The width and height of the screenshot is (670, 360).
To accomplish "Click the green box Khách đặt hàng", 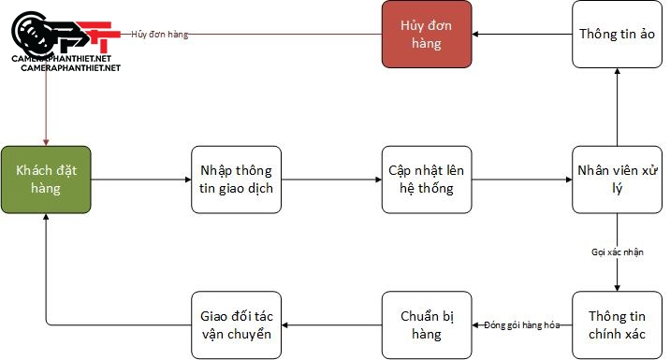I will pos(46,179).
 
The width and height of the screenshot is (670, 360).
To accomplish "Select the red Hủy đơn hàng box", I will pos(427,34).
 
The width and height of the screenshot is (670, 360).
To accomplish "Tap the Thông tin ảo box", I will pos(617,34).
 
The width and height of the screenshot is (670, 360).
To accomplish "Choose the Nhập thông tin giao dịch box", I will pos(236,179).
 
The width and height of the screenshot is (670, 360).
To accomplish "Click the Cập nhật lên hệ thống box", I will pos(427,179).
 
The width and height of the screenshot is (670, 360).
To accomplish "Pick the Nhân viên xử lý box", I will pos(617,179).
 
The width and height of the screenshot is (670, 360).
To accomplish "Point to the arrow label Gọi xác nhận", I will pos(617,252).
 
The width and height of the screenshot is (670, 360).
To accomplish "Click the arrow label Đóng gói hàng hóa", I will pos(522,324).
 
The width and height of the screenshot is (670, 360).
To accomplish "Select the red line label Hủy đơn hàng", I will pos(160,35).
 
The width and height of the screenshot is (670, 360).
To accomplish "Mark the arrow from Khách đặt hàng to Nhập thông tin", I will pos(140,179).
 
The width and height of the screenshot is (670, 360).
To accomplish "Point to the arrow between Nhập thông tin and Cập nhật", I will pos(331,179).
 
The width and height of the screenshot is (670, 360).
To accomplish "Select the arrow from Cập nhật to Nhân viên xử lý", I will pos(522,179).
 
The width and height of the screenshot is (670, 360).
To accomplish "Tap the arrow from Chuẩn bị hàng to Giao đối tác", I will pos(331,324).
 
